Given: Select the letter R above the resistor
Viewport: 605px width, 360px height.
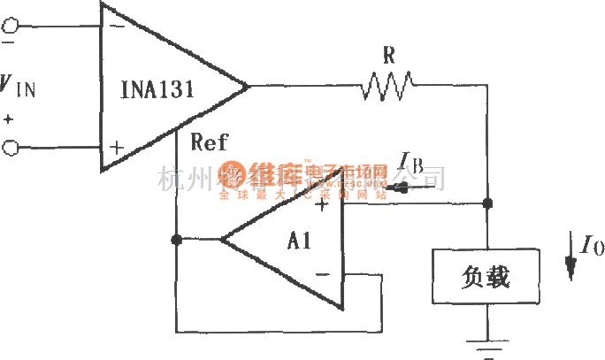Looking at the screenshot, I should tap(387, 54).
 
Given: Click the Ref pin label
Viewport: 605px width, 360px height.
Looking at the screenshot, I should tap(209, 142).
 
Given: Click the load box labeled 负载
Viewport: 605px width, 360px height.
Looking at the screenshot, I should tap(486, 278).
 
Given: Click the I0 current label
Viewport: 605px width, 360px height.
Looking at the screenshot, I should tap(592, 244).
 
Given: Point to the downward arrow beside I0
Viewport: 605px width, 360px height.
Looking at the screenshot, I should tap(572, 262).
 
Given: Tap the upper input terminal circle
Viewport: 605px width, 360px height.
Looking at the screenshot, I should tap(10, 27).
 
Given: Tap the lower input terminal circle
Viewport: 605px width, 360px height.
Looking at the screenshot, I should tap(10, 149).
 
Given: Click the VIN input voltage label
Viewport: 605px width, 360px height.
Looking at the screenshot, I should tap(18, 87).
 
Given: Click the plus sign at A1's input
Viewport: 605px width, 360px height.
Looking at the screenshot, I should tap(322, 205).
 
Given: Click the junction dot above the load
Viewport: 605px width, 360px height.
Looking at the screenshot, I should tap(486, 203).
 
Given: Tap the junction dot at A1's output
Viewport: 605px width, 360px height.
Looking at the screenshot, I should tap(177, 240).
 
